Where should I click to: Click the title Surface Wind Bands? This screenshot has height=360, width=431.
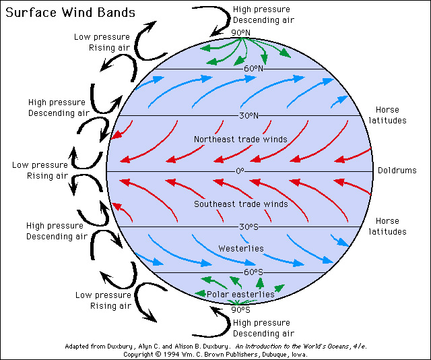tap(68, 13)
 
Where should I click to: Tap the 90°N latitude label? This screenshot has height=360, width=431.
tap(240, 33)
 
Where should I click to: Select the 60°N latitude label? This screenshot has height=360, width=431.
tap(253, 69)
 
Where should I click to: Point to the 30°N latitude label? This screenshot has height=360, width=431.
tap(248, 115)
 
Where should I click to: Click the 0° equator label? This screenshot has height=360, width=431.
tap(239, 171)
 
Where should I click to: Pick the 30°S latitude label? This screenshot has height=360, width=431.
tap(249, 227)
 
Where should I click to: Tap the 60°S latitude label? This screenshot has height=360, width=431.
tap(253, 272)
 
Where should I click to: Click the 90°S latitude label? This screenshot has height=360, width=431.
tap(240, 309)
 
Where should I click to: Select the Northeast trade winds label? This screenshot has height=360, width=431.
tap(240, 140)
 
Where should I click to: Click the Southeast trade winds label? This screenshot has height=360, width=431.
tap(240, 204)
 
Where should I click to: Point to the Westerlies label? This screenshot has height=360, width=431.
tap(241, 249)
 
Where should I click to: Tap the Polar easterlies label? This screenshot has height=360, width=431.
tap(240, 295)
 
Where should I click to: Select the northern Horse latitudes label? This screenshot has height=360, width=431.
tap(391, 115)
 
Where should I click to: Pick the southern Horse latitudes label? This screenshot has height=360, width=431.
tap(391, 226)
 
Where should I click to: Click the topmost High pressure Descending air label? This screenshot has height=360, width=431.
tap(261, 15)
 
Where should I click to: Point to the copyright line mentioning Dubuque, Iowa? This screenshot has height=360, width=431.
tap(215, 354)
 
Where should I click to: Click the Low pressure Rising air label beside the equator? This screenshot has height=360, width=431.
tap(40, 171)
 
